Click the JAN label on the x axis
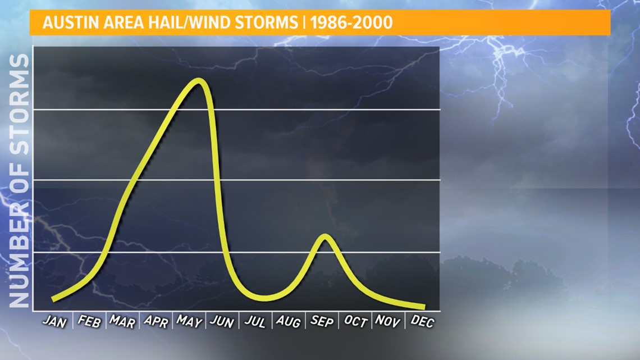(54, 322)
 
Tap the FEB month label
(89, 322)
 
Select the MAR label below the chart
(122, 322)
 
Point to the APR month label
(156, 322)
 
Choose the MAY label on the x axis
(189, 322)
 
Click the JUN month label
(222, 322)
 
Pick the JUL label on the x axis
(255, 322)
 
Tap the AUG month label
(289, 322)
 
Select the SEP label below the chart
(322, 322)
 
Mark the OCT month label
(355, 322)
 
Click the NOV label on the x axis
(387, 322)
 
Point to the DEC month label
(422, 322)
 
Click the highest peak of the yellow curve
(199, 80)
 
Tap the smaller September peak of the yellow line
(325, 236)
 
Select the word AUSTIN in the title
(71, 22)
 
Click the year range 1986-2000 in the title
(351, 22)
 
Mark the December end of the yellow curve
(423, 307)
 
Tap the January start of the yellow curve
(53, 299)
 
